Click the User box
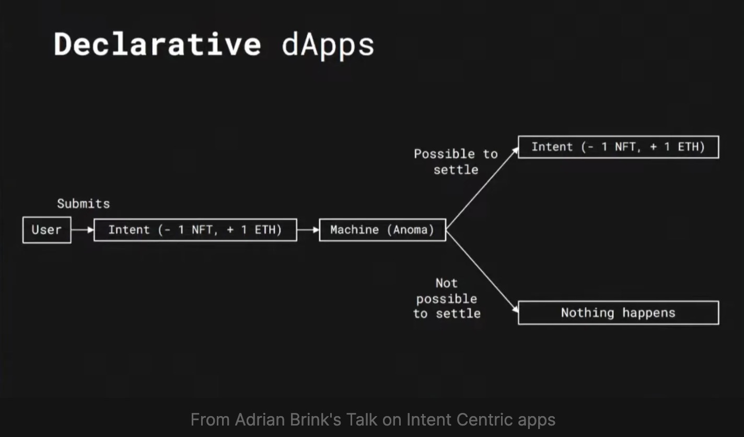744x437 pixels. click(47, 230)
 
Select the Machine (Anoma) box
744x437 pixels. click(382, 230)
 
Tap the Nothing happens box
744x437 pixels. click(619, 313)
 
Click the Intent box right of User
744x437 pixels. click(195, 230)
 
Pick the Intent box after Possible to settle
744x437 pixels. click(619, 147)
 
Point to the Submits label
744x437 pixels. click(84, 204)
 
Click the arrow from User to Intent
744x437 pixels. click(83, 230)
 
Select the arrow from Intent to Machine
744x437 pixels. click(308, 230)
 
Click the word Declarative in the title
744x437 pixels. click(157, 44)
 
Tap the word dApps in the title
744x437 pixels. click(328, 47)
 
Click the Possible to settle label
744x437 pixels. click(456, 162)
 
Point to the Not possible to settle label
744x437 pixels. click(447, 298)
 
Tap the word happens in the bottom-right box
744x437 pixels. click(649, 313)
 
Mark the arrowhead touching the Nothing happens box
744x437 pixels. click(515, 309)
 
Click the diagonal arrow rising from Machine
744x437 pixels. click(482, 189)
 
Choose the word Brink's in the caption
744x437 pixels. click(316, 420)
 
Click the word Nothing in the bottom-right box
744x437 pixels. click(588, 313)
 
